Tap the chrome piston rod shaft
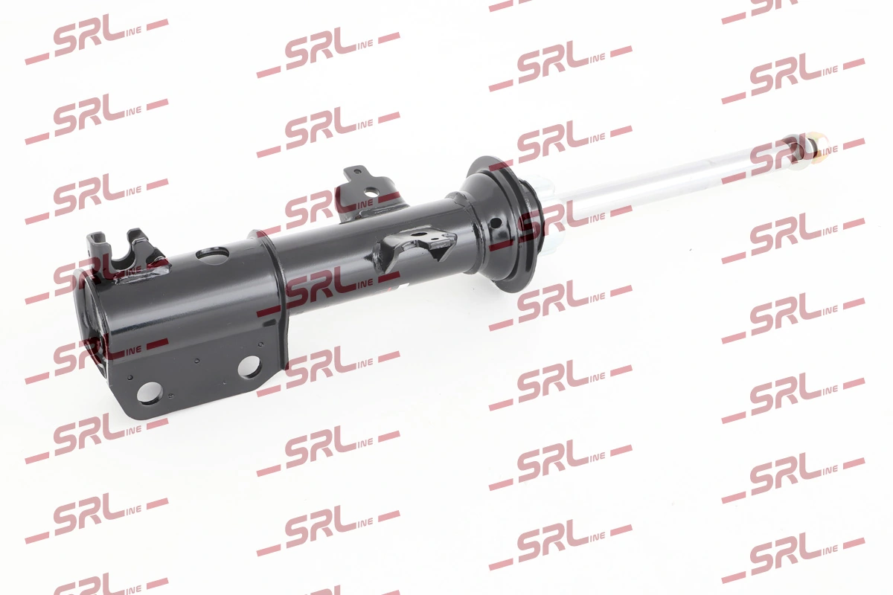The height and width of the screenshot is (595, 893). click(670, 170)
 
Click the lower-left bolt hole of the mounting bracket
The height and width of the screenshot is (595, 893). click(150, 392)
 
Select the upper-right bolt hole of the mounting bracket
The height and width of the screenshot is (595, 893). click(249, 366)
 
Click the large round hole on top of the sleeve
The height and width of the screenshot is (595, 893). click(213, 255)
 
